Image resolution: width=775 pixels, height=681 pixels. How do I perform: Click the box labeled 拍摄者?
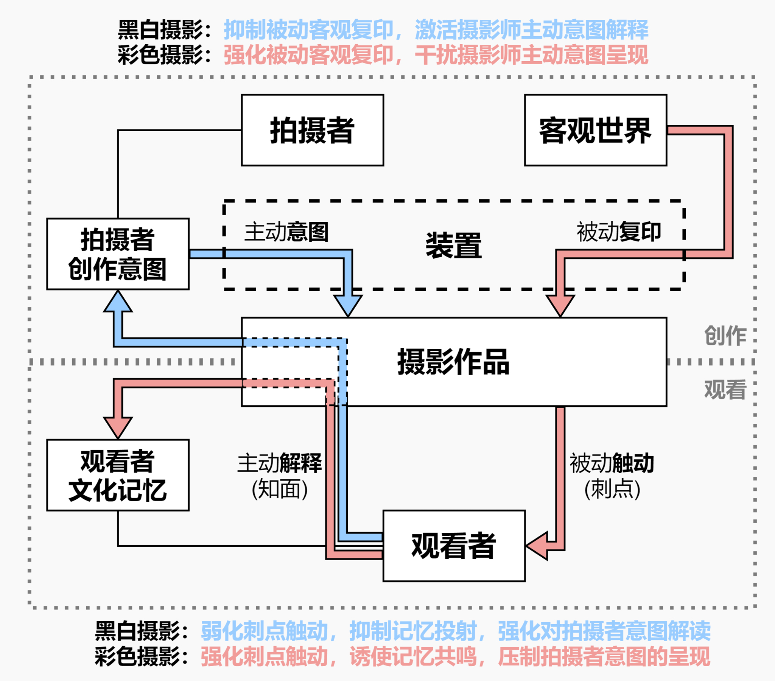313,130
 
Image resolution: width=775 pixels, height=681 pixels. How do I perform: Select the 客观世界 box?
595,130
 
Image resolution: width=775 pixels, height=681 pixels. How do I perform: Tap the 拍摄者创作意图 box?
118,254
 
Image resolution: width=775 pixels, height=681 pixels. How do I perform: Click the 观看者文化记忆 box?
118,475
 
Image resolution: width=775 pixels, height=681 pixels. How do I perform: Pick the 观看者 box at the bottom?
454,546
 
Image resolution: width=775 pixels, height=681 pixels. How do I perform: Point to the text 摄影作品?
453,362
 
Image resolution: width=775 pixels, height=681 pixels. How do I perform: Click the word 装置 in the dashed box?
453,246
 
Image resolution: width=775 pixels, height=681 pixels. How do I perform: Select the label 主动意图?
286,232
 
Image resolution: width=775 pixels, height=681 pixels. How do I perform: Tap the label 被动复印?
619,232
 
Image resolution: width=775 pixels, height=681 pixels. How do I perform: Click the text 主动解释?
279,463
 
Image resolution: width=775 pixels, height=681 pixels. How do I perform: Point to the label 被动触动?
612,463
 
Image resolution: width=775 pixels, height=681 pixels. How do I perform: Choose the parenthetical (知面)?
279,489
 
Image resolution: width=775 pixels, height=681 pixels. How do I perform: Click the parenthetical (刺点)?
612,489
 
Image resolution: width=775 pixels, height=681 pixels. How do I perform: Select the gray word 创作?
725,336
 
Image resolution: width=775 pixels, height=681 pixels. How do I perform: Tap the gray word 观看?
725,389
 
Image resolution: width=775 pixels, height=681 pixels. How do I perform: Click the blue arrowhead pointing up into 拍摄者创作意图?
118,302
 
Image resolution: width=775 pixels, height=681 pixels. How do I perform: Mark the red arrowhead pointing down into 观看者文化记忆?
118,427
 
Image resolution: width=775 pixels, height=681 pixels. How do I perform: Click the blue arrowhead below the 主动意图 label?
348,305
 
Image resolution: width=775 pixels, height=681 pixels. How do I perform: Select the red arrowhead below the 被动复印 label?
560,305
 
